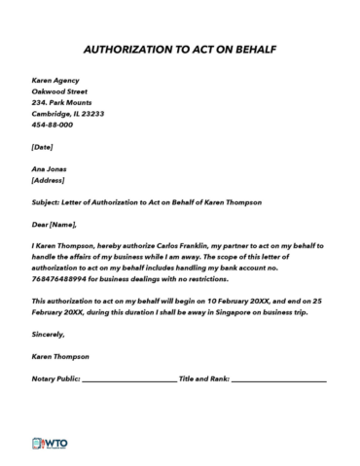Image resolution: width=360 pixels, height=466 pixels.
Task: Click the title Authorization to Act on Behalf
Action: click(179, 47)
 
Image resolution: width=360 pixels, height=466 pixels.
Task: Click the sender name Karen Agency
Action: click(55, 80)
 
